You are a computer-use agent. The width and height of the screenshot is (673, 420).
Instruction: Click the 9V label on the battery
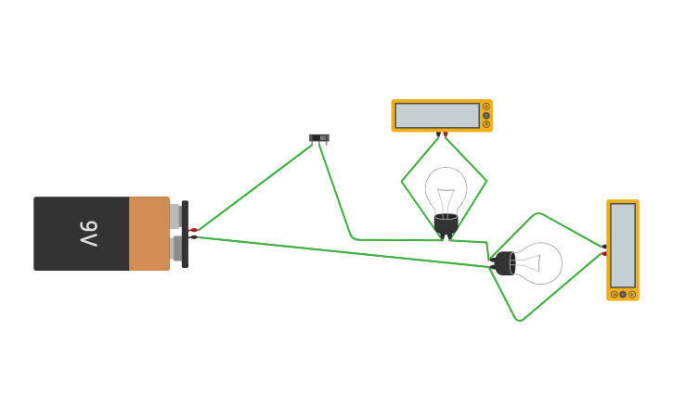[88, 234]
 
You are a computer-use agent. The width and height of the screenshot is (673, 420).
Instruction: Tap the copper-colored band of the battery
[149, 234]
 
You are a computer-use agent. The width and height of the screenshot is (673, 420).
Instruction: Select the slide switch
[319, 138]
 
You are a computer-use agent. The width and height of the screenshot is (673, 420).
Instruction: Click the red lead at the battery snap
[194, 229]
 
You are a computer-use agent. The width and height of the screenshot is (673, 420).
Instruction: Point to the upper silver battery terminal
[175, 216]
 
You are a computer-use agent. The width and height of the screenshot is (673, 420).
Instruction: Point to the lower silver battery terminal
[175, 248]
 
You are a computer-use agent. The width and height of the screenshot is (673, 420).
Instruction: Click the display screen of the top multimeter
[437, 116]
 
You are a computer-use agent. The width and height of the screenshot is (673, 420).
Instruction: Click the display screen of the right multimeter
[623, 245]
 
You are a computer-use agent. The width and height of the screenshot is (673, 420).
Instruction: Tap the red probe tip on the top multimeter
[446, 134]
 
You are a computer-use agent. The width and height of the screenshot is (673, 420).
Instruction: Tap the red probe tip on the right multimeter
[604, 253]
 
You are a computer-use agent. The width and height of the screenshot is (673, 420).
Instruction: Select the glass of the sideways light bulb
[539, 263]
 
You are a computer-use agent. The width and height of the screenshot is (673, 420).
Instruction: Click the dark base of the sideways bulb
[504, 264]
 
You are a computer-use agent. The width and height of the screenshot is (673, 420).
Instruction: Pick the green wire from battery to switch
[255, 185]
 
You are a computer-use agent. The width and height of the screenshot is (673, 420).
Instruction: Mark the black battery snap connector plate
[185, 234]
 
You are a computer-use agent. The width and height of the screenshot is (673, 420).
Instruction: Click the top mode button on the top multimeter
[485, 107]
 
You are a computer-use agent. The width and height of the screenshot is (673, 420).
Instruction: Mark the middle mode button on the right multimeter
[623, 294]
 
